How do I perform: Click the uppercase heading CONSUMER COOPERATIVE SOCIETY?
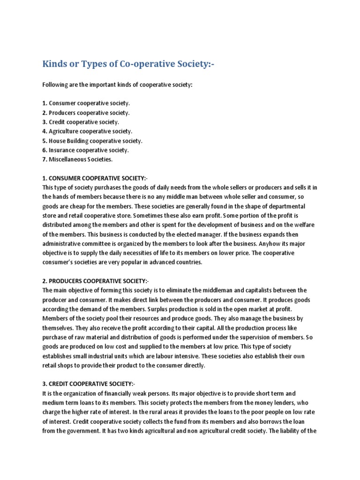click(x=94, y=178)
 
